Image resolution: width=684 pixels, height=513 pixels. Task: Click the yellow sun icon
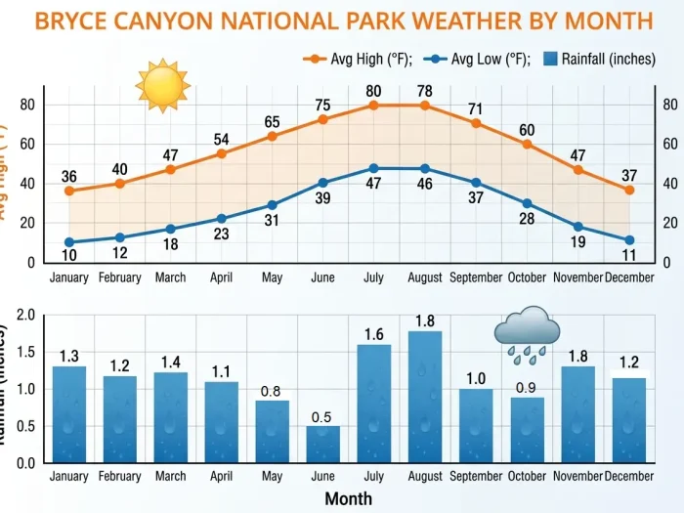(x=162, y=85)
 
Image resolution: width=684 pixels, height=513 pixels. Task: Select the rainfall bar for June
(x=323, y=444)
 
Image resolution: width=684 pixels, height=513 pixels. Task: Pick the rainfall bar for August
(x=425, y=396)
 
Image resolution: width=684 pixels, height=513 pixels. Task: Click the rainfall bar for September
(x=476, y=425)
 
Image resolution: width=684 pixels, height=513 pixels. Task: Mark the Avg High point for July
(x=374, y=105)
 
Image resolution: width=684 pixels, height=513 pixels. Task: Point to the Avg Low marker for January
(x=69, y=242)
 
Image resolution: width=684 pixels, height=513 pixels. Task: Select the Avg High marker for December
(x=629, y=190)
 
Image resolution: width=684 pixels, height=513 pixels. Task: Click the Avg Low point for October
(x=528, y=203)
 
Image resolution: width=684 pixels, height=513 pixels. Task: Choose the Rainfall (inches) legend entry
(x=597, y=59)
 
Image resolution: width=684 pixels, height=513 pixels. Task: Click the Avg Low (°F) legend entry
(x=477, y=59)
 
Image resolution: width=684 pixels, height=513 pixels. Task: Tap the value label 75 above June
(x=323, y=106)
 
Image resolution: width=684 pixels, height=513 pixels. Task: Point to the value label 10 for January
(x=69, y=256)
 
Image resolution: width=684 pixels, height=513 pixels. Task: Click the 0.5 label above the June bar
(x=323, y=417)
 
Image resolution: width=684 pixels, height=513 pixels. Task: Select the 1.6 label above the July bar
(x=374, y=335)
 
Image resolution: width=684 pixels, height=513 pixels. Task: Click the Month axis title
(x=348, y=498)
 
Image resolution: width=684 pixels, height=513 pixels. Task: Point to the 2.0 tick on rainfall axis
(x=25, y=316)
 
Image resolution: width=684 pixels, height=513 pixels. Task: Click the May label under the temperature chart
(x=272, y=278)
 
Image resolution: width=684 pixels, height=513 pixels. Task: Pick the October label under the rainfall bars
(x=528, y=476)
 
